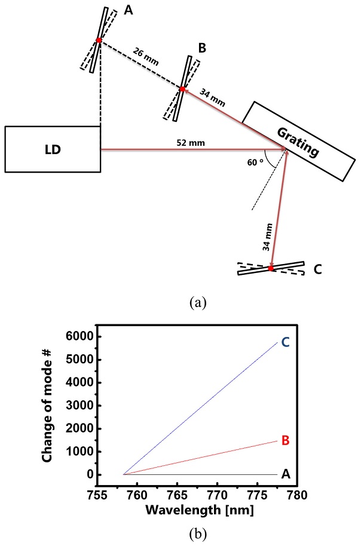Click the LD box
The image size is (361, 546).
point(53,149)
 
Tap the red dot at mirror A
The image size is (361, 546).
point(98,41)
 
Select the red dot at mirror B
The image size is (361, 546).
point(182,89)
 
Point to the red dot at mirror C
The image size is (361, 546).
point(271,269)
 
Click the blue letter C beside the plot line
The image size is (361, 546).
point(285,342)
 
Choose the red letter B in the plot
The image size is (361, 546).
point(285,441)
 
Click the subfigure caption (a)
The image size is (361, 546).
point(197,302)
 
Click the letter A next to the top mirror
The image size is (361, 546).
point(128,11)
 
